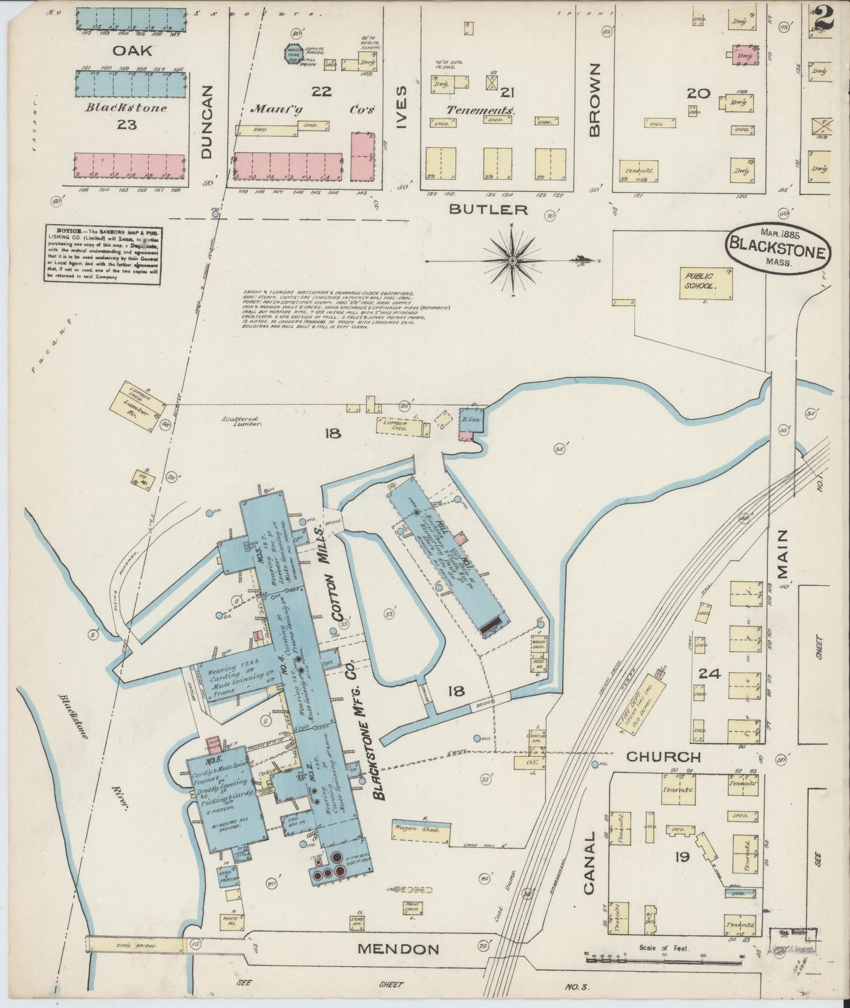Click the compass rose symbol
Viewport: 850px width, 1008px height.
[512, 259]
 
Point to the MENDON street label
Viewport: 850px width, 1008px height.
[398, 949]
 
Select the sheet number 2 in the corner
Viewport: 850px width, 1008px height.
[824, 18]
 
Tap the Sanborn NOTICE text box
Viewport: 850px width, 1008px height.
[103, 255]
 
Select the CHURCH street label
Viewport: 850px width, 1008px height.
[663, 757]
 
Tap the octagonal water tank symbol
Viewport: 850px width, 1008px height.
[294, 54]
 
